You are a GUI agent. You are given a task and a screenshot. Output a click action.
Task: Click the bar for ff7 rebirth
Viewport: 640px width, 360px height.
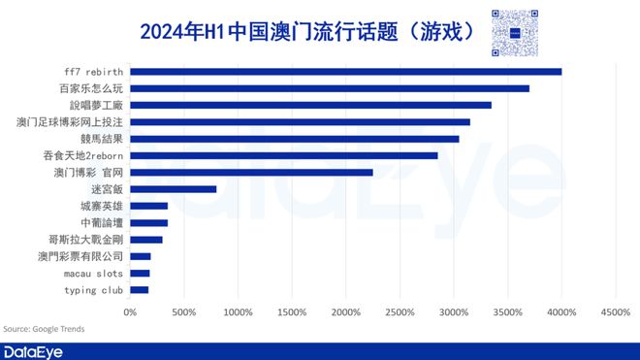345,71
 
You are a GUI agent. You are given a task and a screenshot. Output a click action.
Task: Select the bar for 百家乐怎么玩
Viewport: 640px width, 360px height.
330,88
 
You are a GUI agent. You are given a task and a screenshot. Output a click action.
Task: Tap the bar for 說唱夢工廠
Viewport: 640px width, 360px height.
310,105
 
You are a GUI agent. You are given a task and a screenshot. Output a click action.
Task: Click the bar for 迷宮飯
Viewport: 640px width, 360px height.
174,189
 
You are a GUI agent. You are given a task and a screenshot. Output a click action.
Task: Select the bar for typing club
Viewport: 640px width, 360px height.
140,290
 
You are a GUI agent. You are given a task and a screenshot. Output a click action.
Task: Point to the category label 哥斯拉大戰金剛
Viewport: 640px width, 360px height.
86,240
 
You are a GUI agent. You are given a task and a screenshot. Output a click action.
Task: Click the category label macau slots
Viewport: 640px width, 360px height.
94,274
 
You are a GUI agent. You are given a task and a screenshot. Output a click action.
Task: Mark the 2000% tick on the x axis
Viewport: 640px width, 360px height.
346,311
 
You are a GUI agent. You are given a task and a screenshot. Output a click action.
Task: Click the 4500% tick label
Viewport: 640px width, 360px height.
616,311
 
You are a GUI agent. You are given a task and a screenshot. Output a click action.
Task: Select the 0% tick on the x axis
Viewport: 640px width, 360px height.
130,311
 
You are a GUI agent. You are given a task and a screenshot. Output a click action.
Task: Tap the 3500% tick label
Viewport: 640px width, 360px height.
508,311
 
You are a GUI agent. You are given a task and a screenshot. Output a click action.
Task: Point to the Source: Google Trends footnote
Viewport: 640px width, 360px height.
44,329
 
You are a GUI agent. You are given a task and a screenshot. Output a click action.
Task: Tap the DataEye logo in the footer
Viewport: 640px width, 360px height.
33,350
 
